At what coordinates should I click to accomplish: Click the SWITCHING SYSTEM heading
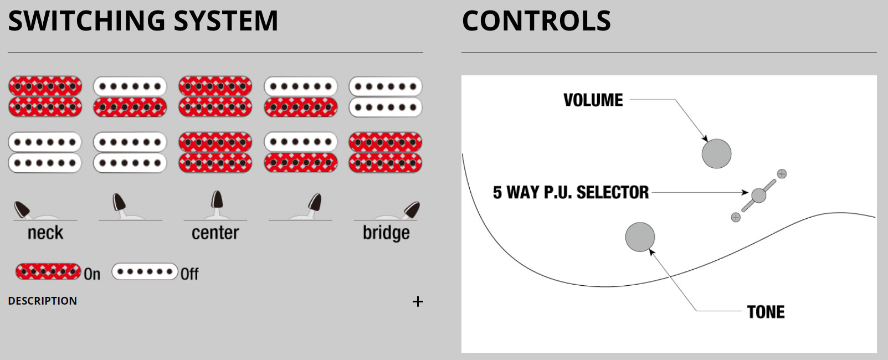point(143,21)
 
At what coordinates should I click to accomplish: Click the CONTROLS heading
point(536,21)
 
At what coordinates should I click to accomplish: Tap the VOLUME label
point(593,100)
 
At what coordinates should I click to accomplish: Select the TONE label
point(766,312)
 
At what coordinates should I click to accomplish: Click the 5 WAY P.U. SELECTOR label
point(571,193)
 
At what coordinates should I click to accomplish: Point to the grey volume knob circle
point(716,153)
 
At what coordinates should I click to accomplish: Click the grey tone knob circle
point(640,237)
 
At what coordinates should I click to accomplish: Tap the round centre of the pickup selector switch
point(758,195)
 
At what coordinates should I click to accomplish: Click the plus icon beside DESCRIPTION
point(418,301)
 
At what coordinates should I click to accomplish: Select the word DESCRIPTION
point(43,301)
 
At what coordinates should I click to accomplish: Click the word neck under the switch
point(45,233)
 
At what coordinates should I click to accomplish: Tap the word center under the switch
point(215,233)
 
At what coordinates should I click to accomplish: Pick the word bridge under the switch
point(386,233)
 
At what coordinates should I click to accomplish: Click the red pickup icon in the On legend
point(48,272)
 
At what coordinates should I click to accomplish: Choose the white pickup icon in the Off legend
point(145,272)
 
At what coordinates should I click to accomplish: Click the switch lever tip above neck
point(22,209)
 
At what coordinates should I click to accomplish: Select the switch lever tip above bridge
point(412,209)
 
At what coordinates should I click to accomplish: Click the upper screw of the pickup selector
point(782,174)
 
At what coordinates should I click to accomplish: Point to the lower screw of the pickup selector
point(736,217)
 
